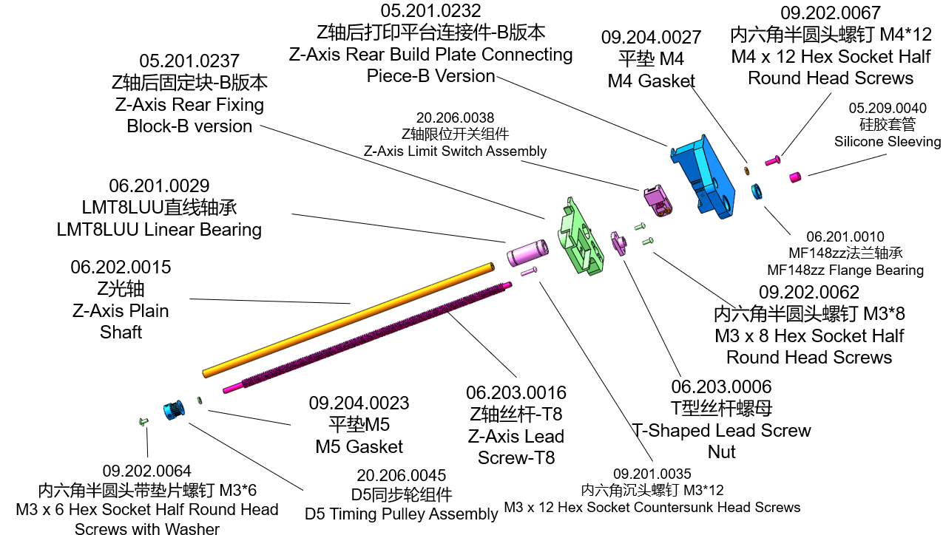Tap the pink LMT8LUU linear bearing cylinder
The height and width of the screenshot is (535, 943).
[x=526, y=252]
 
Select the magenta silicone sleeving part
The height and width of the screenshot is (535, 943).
[x=796, y=177]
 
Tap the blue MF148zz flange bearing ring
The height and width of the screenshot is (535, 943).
[x=757, y=190]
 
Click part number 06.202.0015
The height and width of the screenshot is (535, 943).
[x=121, y=267]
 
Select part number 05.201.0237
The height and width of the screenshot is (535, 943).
[x=189, y=61]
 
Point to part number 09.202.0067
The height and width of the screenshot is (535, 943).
[x=830, y=13]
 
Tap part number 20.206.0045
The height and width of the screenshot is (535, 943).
[x=401, y=475]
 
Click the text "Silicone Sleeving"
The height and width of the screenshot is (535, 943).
[x=888, y=141]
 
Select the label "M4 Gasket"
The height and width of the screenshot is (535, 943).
[x=651, y=81]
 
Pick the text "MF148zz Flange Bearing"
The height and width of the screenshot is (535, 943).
[x=845, y=270]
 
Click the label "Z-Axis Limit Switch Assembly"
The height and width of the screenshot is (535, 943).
[x=455, y=151]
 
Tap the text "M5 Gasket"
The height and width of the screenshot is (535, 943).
[x=359, y=446]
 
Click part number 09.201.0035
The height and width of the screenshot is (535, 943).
[x=652, y=474]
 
